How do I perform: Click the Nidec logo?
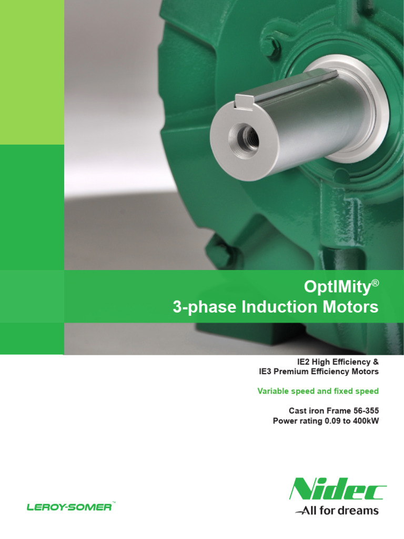[337, 488]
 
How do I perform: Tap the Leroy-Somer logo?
[69, 507]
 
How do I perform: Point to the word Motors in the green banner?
[351, 307]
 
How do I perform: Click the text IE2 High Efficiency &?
[338, 362]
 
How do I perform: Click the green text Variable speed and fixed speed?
[318, 391]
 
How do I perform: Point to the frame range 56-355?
[363, 411]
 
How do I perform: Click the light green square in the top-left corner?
[32, 72]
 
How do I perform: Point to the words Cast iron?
[307, 411]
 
